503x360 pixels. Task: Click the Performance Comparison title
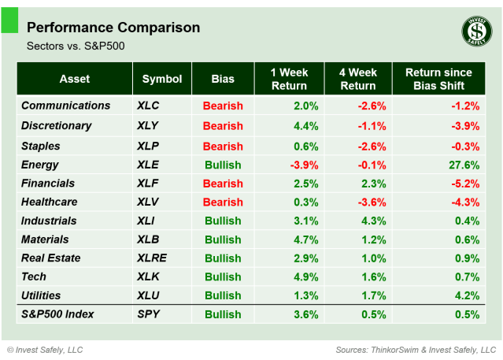click(113, 28)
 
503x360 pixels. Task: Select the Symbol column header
click(162, 79)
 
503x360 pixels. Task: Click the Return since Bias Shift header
click(439, 79)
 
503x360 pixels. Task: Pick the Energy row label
click(39, 164)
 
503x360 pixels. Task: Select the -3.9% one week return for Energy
click(303, 165)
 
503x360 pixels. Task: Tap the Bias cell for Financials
click(223, 184)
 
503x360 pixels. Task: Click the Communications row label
click(66, 106)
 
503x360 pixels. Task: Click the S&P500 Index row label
click(58, 314)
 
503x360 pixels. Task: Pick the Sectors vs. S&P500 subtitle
click(76, 46)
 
